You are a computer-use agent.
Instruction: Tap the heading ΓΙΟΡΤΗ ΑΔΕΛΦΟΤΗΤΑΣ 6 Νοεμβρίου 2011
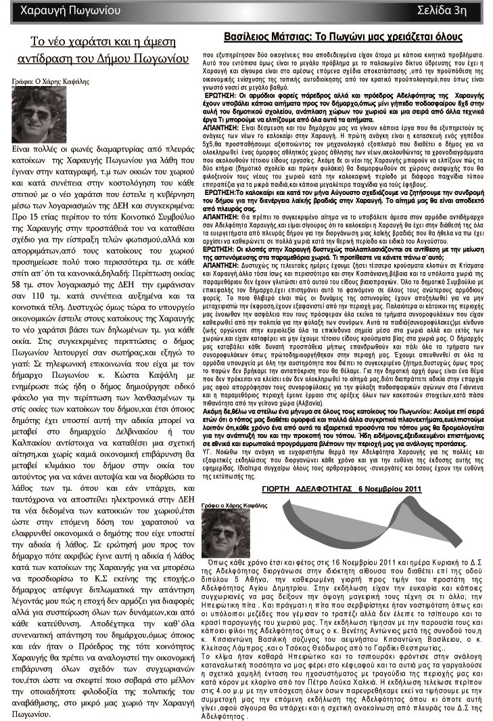coord(342,488)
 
